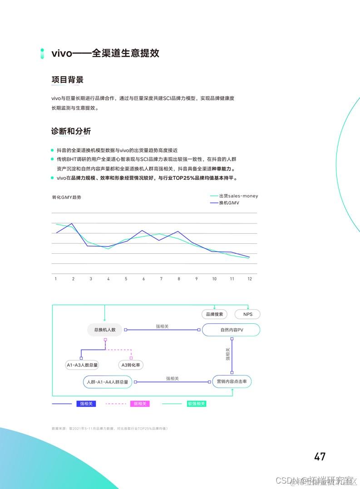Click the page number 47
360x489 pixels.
coord(320,456)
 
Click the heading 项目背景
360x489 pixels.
coord(67,80)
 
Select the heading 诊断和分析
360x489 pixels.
coord(71,131)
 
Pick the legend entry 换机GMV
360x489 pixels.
coord(229,203)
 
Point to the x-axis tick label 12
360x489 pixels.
coord(249,279)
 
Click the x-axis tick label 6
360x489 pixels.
coord(143,279)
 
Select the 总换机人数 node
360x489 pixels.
coord(104,330)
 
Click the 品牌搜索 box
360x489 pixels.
coord(214,314)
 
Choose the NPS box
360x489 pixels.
coord(248,314)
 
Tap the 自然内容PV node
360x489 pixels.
coord(231,330)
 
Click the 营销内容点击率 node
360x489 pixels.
coord(232,382)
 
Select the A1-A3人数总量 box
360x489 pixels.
coord(82,365)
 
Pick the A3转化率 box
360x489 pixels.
coord(130,365)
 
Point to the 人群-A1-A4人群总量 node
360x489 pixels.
coord(107,382)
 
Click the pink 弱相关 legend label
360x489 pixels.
coord(139,404)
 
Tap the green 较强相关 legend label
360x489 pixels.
coord(196,404)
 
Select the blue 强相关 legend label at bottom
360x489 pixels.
coord(86,404)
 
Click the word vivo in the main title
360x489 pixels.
coord(62,53)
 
